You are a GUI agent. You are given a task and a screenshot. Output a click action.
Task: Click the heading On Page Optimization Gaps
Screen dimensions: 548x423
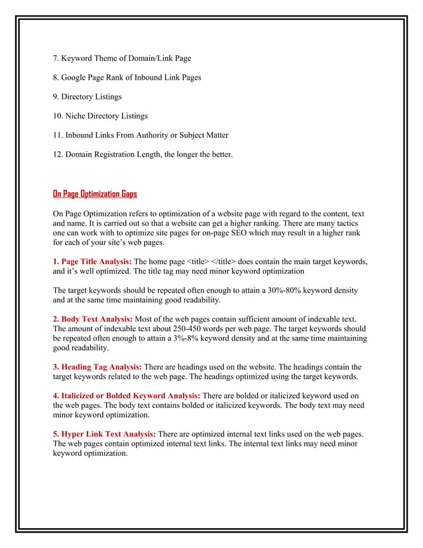[x=95, y=194]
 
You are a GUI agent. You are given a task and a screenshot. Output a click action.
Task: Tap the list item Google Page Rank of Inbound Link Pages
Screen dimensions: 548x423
[x=127, y=78]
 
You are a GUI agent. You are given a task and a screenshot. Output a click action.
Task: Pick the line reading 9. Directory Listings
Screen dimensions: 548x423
[x=88, y=97]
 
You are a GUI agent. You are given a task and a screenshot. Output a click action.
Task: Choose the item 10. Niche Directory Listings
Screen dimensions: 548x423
[x=100, y=116]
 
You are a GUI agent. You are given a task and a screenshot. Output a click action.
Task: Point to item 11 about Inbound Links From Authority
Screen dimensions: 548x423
[x=141, y=135]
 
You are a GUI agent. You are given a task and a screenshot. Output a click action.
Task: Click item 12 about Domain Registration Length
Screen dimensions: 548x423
[x=143, y=155]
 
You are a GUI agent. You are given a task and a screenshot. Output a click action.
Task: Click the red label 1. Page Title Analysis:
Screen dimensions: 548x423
[x=92, y=261]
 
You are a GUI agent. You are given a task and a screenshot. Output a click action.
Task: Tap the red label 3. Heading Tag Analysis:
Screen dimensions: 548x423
[x=97, y=367]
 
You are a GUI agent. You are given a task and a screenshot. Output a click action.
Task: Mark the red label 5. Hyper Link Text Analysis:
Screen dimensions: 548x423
[x=104, y=435]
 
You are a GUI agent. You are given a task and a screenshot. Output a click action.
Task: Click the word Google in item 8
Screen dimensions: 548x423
[x=78, y=78]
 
